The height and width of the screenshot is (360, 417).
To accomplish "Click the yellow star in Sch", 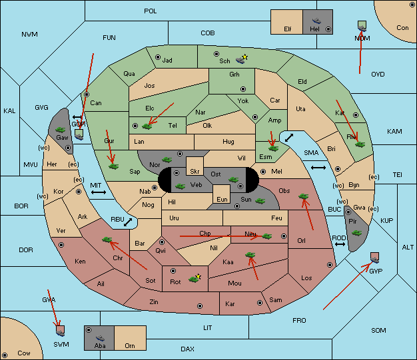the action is tap(245, 57).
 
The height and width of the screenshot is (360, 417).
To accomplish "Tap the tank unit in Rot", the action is tap(194, 279).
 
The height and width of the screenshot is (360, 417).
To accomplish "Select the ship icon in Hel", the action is tap(316, 21).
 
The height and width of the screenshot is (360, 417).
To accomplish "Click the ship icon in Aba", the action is tap(101, 338).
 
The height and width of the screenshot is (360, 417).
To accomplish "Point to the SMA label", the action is tap(311, 153).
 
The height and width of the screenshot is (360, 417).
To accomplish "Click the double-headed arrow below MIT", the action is tap(99, 192).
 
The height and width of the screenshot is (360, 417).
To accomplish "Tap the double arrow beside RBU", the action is tap(128, 222).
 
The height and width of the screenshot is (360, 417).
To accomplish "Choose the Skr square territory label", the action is tap(195, 172).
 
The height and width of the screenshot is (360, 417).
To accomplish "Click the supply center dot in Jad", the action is tap(158, 57).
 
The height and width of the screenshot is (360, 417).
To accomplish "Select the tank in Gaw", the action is tap(60, 130).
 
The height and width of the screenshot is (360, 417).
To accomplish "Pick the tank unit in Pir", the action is tap(356, 233).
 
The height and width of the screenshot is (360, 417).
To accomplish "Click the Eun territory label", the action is tap(222, 199).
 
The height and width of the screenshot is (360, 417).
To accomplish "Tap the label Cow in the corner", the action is tap(24, 353).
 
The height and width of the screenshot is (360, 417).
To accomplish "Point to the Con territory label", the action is tap(402, 28).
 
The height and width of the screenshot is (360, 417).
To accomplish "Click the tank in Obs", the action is tap(304, 196).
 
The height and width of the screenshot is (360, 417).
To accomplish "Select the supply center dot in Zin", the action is tap(200, 306).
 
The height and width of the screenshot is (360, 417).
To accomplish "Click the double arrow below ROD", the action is tap(340, 244).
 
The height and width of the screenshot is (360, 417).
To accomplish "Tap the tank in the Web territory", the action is tap(180, 186).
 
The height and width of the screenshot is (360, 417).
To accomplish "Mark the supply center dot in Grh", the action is tap(243, 89).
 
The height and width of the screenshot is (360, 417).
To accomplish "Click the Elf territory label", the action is tap(288, 29).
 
